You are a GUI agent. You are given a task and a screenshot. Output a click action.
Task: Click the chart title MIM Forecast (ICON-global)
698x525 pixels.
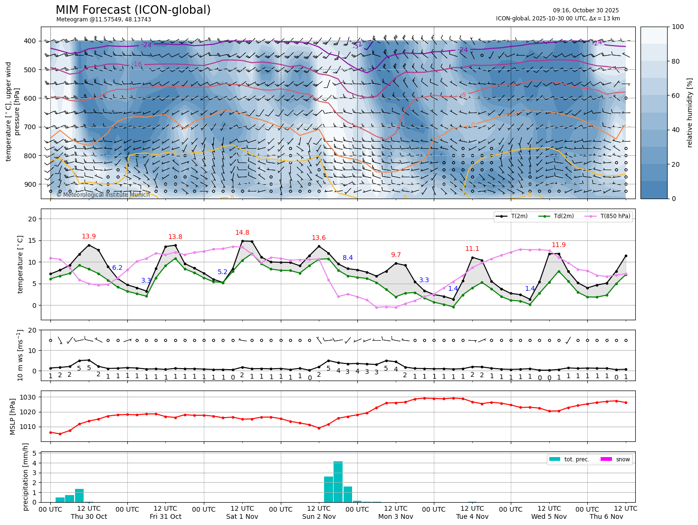tap(133, 10)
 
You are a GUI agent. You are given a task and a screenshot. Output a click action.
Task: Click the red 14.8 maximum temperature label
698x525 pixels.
tap(242, 233)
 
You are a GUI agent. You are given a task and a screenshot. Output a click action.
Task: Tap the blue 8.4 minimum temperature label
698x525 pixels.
tap(348, 258)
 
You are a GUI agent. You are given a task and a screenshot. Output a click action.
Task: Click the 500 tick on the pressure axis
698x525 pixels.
tap(30, 70)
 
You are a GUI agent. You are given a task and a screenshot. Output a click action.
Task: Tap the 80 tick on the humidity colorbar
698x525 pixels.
tap(678, 61)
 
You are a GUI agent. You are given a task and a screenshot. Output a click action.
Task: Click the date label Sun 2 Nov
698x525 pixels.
tap(319, 517)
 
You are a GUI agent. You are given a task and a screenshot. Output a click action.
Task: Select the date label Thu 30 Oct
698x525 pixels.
tap(89, 517)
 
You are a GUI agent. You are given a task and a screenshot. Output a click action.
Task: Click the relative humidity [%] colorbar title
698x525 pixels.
tap(689, 113)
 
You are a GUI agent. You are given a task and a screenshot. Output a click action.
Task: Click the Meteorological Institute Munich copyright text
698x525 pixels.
tap(103, 195)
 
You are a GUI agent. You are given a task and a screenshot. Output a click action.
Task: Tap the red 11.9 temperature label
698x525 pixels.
tap(559, 245)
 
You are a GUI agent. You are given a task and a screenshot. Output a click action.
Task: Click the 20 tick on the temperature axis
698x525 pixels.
tap(33, 219)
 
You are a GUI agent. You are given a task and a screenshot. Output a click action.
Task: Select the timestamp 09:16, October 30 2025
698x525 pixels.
tap(586, 10)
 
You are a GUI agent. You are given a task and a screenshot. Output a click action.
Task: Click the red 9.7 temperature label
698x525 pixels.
tap(396, 255)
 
